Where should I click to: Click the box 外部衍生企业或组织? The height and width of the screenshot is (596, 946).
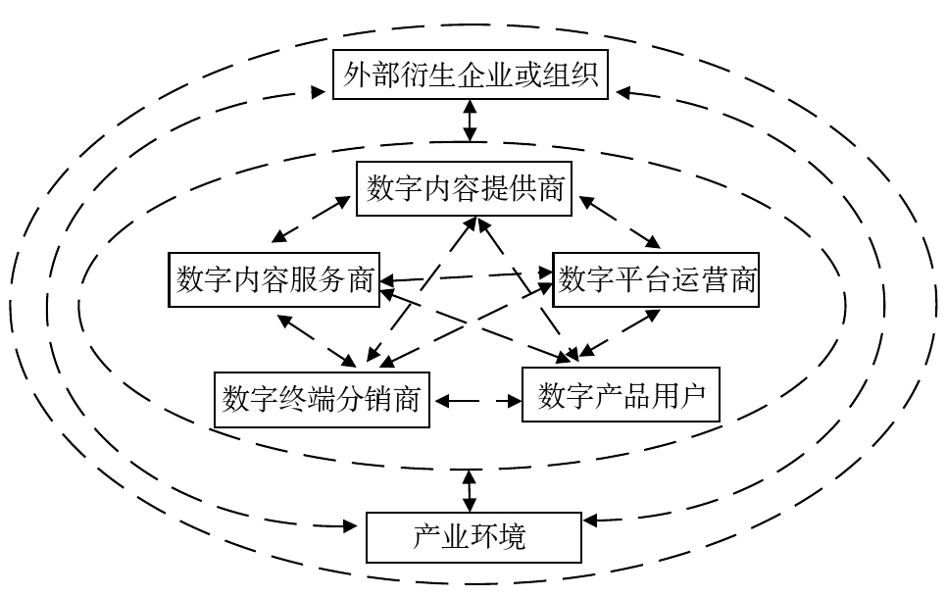(471, 74)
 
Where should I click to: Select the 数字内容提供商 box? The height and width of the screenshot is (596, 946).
(466, 188)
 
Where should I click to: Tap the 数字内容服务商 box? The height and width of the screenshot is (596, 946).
(275, 280)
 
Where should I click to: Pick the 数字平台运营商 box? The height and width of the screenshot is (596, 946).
(656, 279)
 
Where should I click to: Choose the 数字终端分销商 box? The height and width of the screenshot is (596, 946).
(322, 400)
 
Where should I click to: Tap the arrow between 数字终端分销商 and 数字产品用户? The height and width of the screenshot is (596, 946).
(476, 401)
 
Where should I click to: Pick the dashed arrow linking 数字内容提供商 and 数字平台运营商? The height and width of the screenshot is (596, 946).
(621, 223)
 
